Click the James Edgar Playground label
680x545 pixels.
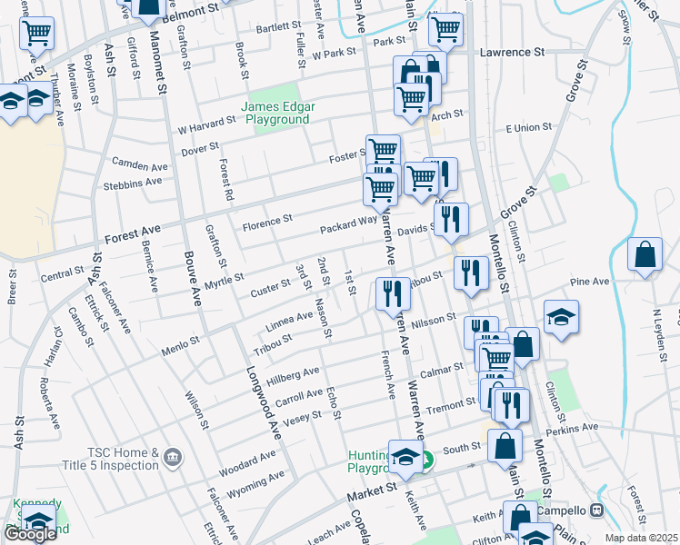277,113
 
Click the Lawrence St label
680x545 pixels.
513,53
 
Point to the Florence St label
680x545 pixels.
267,219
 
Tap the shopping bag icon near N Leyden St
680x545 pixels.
645,256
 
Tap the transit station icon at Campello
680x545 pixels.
598,510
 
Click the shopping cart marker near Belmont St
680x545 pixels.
37,34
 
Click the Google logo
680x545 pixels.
30,533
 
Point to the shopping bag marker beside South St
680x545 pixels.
505,447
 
